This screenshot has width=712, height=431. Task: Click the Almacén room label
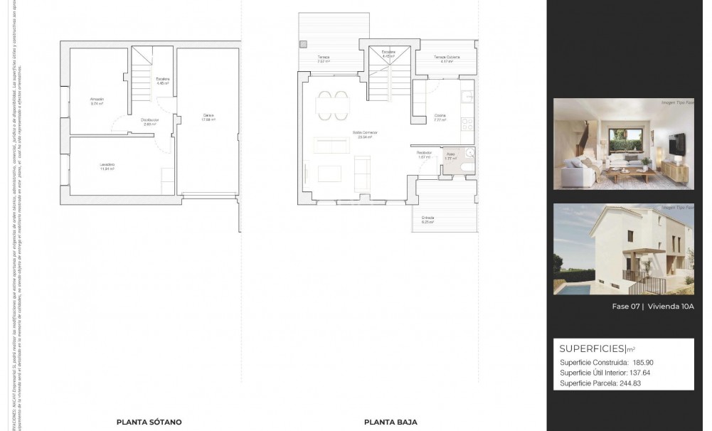[x=97, y=99]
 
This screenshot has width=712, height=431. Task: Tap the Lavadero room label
[x=107, y=165]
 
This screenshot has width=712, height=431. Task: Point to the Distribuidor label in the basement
[x=149, y=120]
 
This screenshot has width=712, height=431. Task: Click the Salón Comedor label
[x=364, y=133]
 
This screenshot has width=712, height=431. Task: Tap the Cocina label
[x=440, y=116]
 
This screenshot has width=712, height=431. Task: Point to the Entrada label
[x=427, y=218]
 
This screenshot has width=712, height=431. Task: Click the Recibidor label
[x=425, y=152]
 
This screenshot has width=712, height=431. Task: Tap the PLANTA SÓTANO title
[x=149, y=422]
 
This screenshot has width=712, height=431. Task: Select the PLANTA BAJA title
[x=390, y=422]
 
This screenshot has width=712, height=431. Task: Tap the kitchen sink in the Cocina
[x=466, y=97]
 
